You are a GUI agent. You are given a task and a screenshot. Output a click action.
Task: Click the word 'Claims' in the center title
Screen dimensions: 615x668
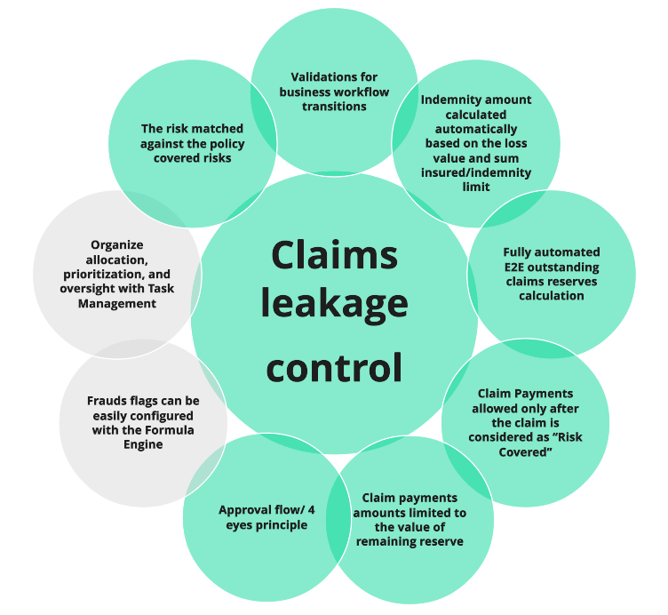pyautogui.click(x=334, y=254)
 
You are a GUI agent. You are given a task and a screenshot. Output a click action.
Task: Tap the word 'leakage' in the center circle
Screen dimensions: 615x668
pyautogui.click(x=334, y=306)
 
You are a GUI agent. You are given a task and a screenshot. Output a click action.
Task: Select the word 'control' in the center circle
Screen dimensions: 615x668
pyautogui.click(x=334, y=364)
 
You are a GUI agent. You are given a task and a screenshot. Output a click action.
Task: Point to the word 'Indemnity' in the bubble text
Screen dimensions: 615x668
pyautogui.click(x=450, y=100)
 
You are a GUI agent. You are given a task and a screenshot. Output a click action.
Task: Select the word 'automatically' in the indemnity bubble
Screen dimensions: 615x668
pyautogui.click(x=475, y=128)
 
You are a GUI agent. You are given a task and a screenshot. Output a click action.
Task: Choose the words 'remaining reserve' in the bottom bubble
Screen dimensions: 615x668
pyautogui.click(x=410, y=541)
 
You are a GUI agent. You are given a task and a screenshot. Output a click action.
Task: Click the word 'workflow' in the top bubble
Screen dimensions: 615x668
pyautogui.click(x=359, y=92)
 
